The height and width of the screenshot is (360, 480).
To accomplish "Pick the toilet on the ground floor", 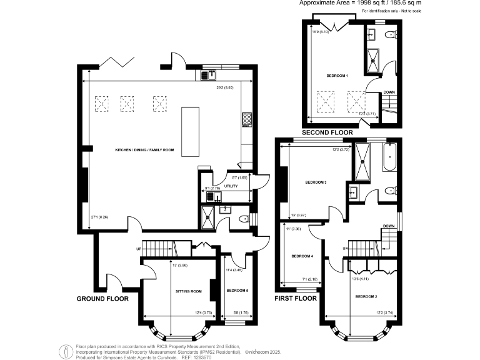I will [x=243, y=219].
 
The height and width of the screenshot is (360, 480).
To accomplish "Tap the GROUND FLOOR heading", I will [x=102, y=299].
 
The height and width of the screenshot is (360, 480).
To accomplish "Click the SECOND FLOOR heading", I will [x=327, y=132].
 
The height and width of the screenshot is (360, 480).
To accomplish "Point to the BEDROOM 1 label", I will [x=337, y=76].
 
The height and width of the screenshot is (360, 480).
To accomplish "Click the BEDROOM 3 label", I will [x=316, y=182].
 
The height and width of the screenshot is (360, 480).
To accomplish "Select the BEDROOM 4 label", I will [x=302, y=256].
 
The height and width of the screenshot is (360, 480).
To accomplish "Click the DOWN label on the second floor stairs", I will [x=389, y=92].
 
